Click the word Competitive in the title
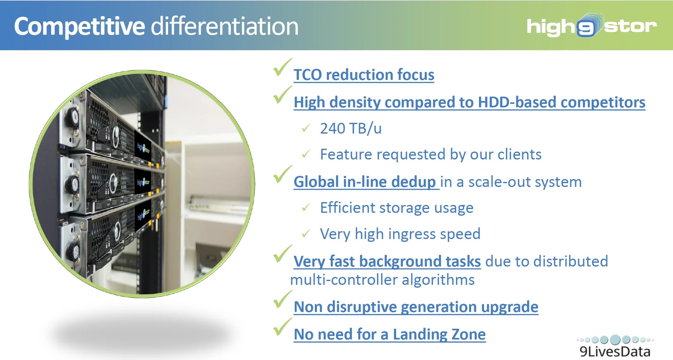pyautogui.click(x=80, y=27)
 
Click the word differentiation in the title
pyautogui.click(x=225, y=26)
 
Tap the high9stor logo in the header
pyautogui.click(x=591, y=25)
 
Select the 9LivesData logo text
pyautogui.click(x=615, y=351)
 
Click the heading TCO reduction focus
pyautogui.click(x=364, y=75)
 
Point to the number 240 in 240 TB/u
pyautogui.click(x=332, y=129)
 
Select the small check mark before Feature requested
pyautogui.click(x=306, y=154)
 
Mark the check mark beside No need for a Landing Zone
pyautogui.click(x=282, y=327)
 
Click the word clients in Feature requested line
pyautogui.click(x=519, y=154)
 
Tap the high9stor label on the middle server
pyautogui.click(x=143, y=182)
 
